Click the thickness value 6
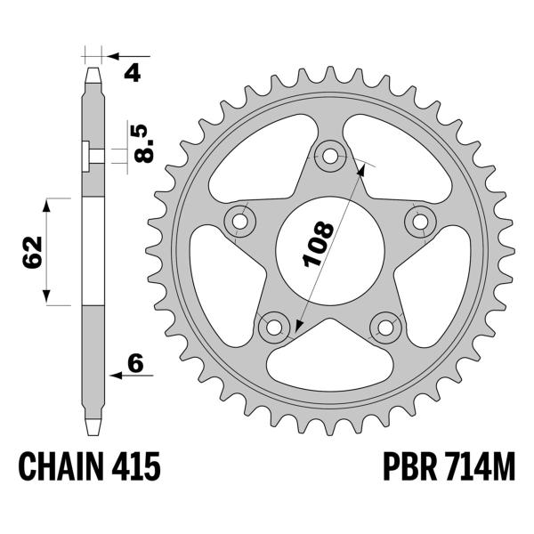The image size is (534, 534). tap(135, 362)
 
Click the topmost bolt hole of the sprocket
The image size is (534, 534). tap(330, 157)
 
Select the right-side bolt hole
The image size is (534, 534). tap(418, 218)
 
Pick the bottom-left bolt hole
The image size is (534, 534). tap(272, 328)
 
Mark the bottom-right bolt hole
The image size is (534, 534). tap(386, 328)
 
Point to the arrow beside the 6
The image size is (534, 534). tap(117, 375)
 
